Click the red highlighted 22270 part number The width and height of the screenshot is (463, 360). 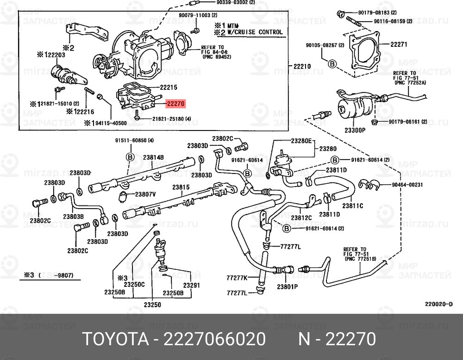175,105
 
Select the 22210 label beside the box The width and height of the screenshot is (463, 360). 302,67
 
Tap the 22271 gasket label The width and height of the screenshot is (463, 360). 398,45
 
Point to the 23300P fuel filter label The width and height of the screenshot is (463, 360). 356,130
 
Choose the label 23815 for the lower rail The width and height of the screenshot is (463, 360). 181,187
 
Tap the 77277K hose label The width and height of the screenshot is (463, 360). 237,278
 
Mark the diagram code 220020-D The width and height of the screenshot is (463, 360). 438,304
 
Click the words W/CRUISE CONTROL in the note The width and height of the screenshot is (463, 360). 254,32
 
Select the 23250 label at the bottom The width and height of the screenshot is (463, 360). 152,304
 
